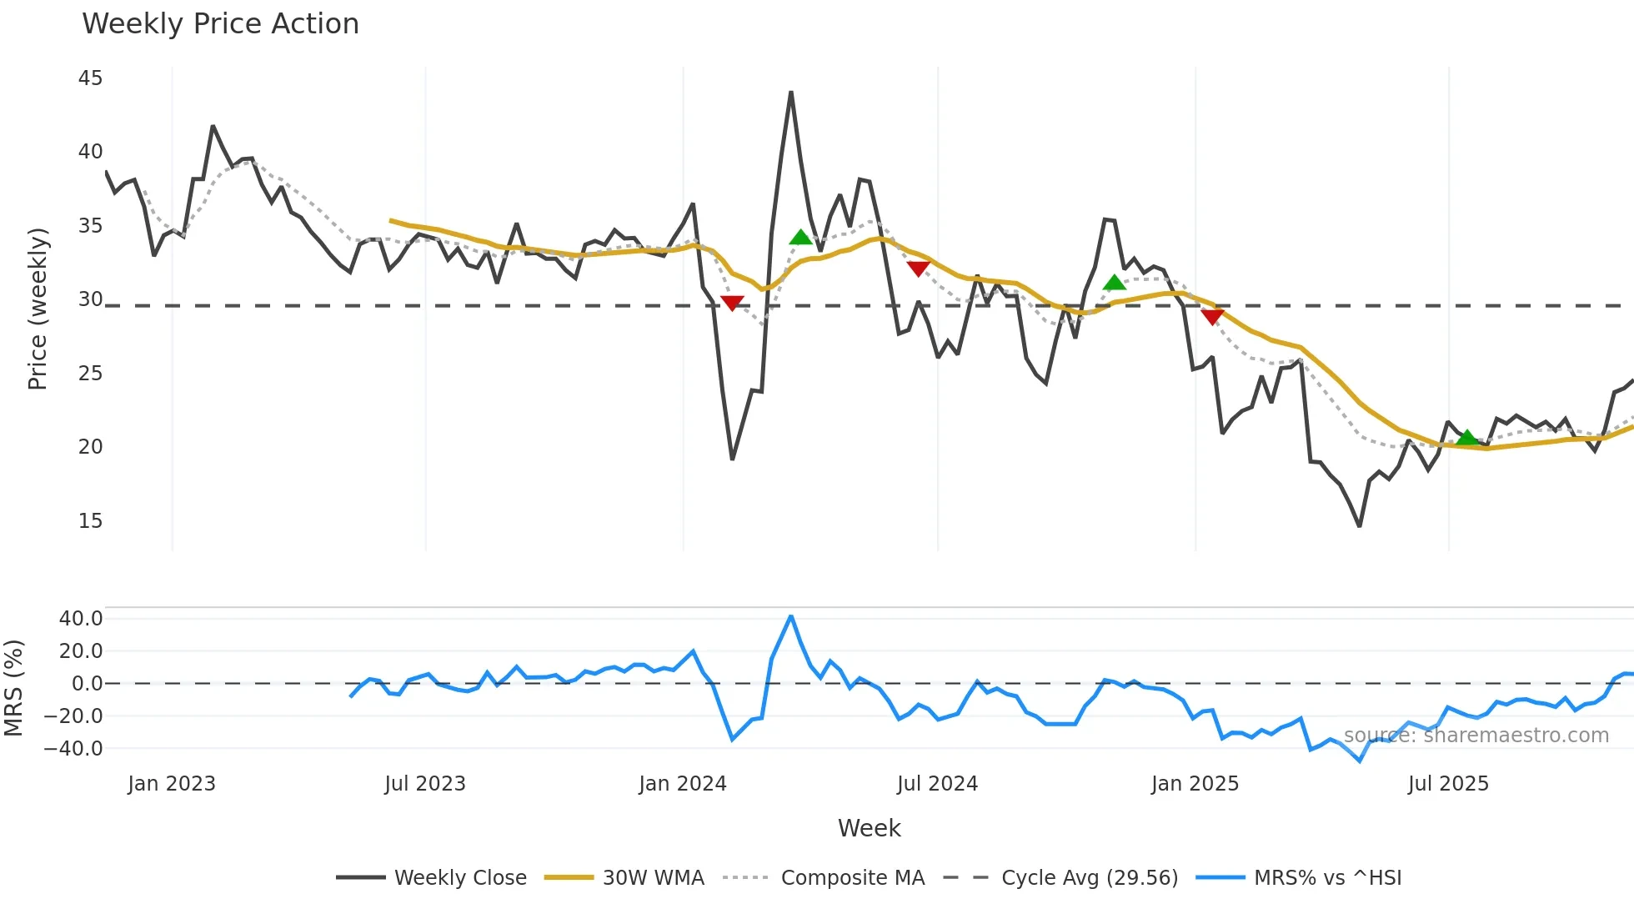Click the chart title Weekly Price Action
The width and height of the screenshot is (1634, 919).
pos(220,24)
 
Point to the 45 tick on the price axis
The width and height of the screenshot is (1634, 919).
pos(90,78)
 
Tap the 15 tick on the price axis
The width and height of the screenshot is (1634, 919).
pos(90,521)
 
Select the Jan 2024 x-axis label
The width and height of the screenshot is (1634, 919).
pos(682,784)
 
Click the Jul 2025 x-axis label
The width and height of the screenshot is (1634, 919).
pos(1448,784)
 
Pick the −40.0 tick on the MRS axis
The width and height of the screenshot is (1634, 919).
pos(73,749)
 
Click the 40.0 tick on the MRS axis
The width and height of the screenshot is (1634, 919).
pos(80,619)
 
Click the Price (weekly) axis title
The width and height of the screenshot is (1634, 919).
pos(38,309)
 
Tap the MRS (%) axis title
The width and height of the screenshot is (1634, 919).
pos(13,688)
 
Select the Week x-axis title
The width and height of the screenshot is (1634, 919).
pos(869,828)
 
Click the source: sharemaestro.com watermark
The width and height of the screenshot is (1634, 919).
pos(1476,736)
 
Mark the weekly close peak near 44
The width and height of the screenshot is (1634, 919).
pos(791,93)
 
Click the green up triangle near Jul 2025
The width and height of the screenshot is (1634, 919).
pos(1466,438)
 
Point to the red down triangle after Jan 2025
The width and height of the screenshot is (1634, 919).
pos(1212,317)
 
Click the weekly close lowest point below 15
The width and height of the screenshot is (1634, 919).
pos(1359,525)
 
